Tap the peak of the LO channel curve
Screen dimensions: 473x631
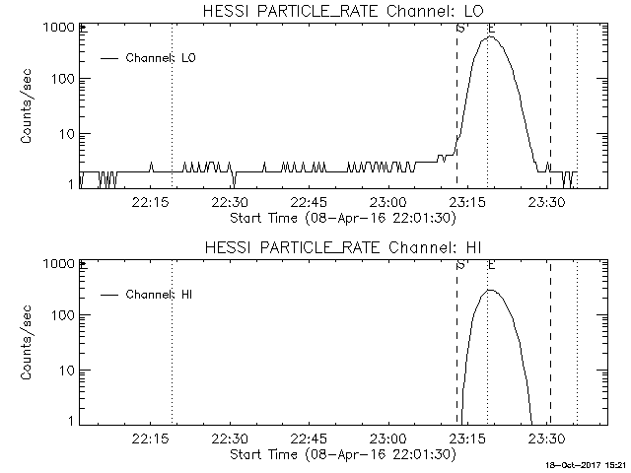click(490, 37)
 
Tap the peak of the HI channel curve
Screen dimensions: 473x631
click(490, 290)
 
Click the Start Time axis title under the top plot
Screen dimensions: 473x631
click(341, 218)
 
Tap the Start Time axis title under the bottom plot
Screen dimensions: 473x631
click(341, 454)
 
